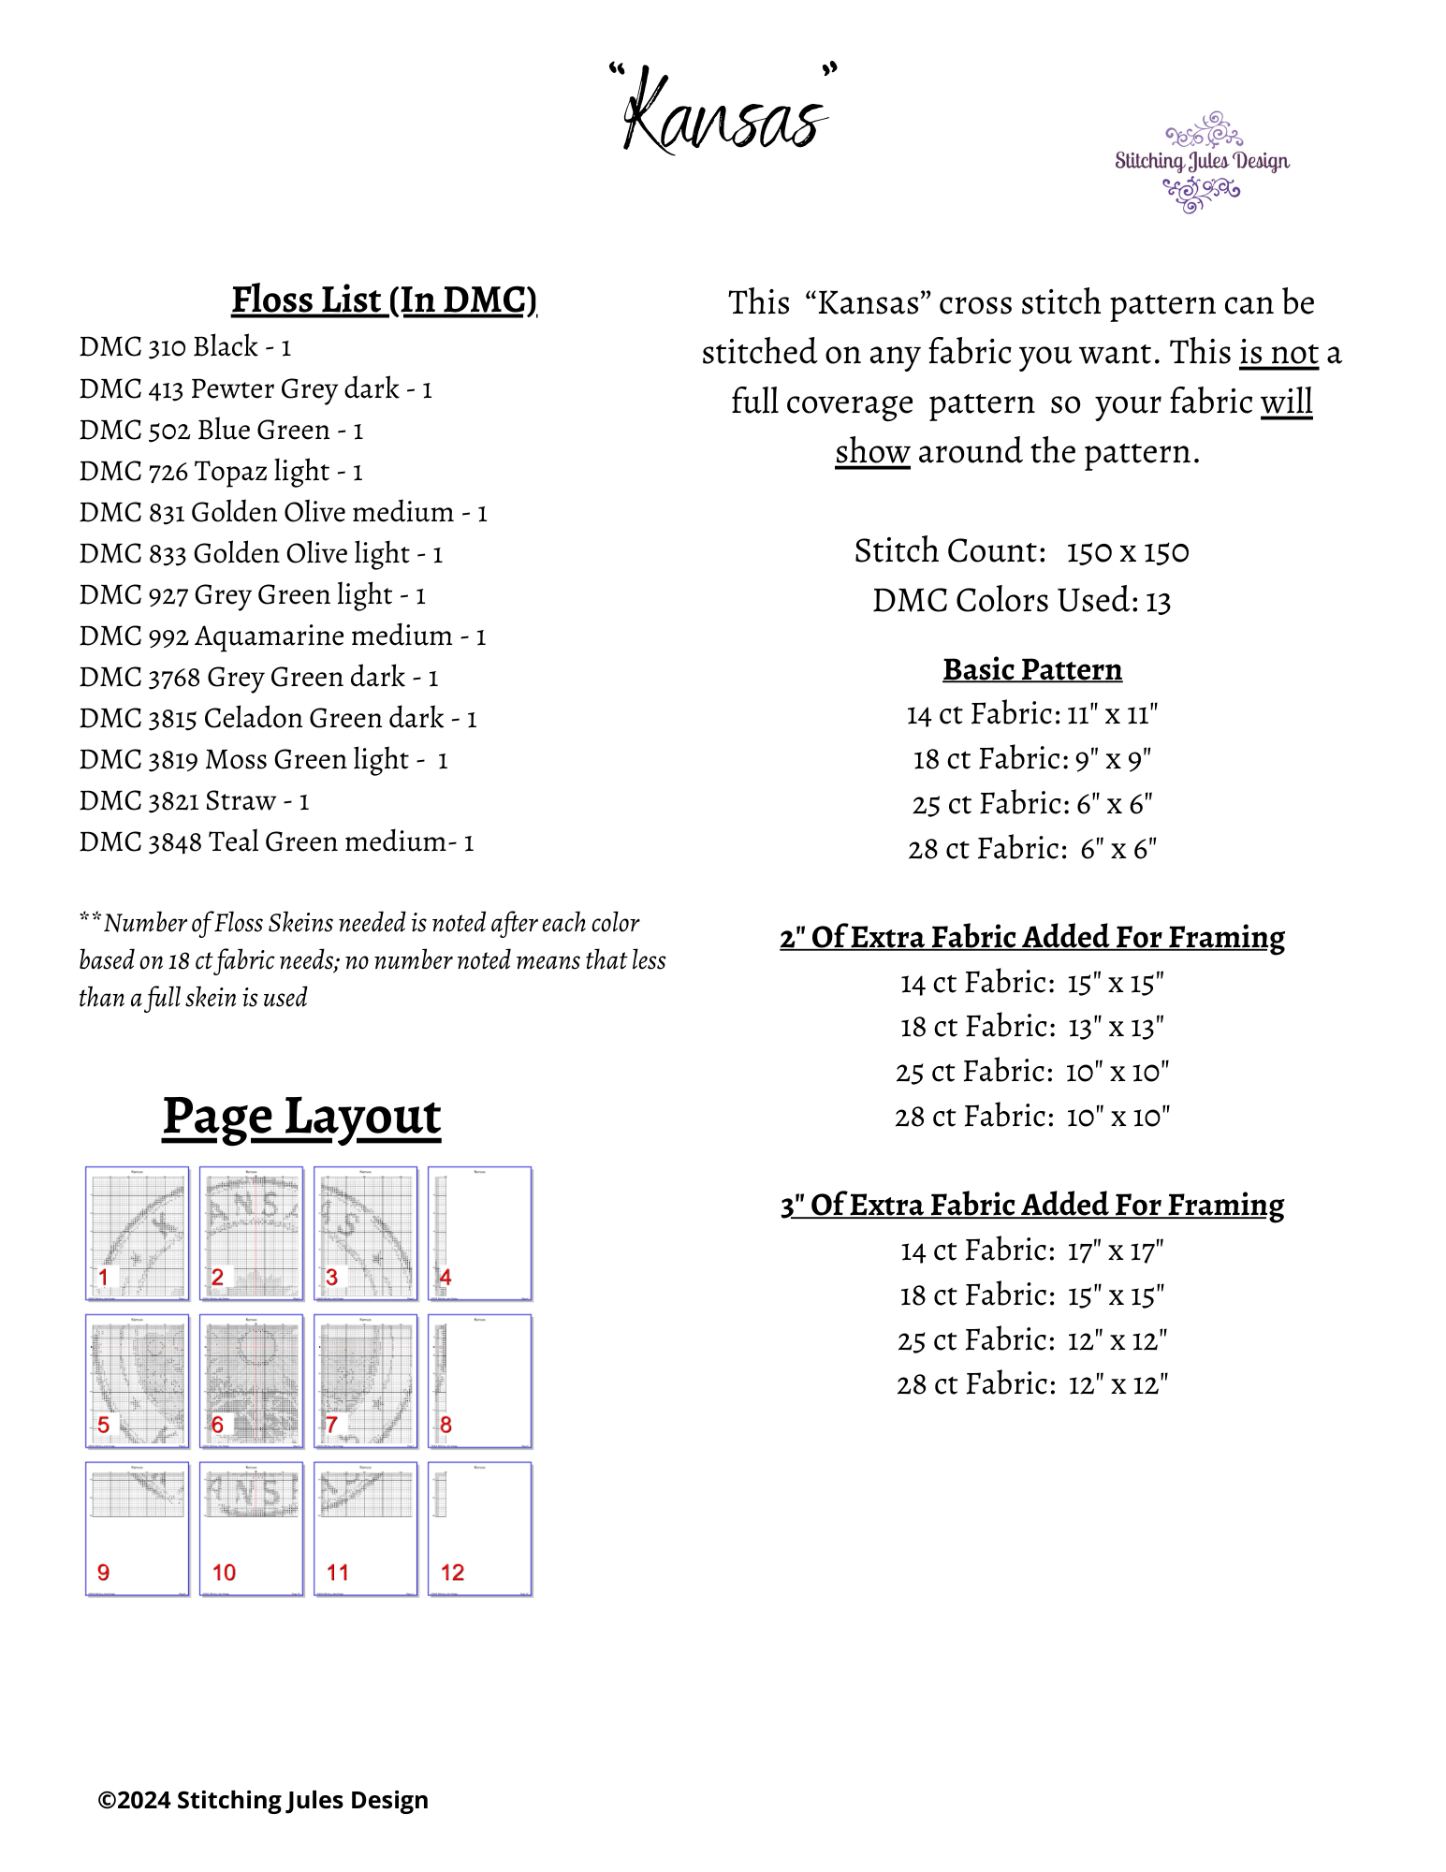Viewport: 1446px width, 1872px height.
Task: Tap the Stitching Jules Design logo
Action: point(1201,162)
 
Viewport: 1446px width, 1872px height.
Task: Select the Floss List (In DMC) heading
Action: point(384,300)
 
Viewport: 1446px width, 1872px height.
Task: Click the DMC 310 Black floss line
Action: point(185,347)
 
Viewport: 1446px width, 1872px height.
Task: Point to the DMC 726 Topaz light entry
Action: point(221,471)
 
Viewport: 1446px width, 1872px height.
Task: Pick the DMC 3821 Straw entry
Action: point(194,801)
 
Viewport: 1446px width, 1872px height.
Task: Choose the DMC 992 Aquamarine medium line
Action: point(283,636)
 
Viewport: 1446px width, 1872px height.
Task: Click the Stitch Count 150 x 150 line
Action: point(1021,551)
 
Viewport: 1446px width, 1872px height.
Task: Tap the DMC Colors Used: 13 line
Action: point(1021,601)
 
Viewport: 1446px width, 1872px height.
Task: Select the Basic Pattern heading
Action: point(1031,670)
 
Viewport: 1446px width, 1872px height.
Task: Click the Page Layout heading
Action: point(301,1117)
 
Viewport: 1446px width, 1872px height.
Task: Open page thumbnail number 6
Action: point(251,1381)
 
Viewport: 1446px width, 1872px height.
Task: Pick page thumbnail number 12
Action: point(480,1528)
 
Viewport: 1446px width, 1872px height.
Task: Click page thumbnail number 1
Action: point(137,1233)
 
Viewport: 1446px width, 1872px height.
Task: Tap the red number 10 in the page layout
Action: point(224,1572)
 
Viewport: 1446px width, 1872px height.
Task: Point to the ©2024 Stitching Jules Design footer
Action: point(263,1800)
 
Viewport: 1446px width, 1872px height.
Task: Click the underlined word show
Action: point(871,452)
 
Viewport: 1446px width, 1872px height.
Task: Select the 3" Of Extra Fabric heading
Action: point(1031,1206)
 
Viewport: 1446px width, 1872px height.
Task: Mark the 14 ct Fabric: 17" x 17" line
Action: point(1031,1251)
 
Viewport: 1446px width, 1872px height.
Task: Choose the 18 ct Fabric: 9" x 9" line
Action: point(1031,759)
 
